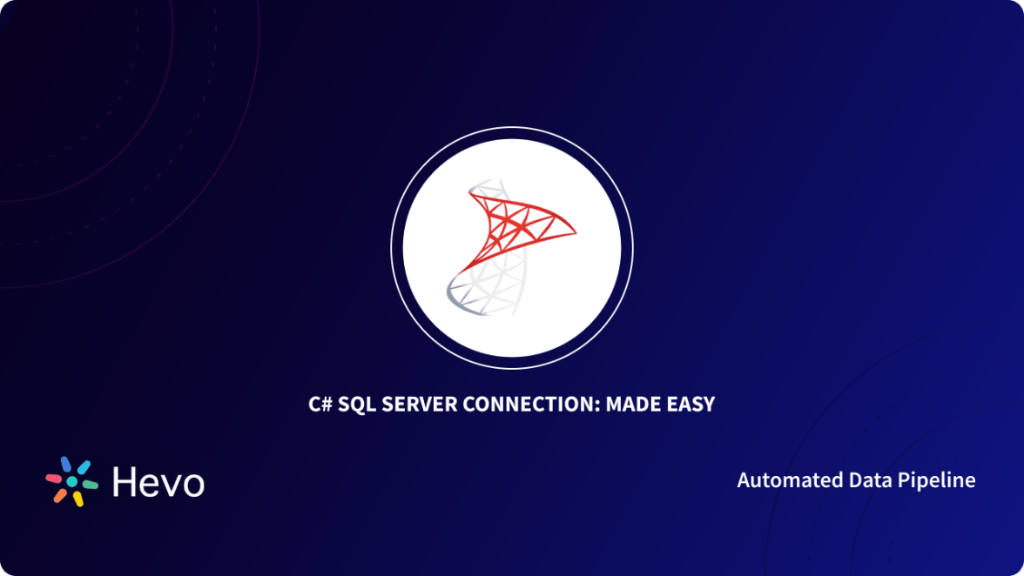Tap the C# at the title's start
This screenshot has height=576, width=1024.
tap(320, 405)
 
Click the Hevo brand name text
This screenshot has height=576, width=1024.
tap(158, 482)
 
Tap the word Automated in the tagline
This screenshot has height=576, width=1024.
tap(779, 480)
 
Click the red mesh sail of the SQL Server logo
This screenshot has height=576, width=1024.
tap(514, 222)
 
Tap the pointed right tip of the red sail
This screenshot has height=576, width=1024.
tap(574, 231)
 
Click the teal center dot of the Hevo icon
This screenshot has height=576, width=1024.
tap(73, 481)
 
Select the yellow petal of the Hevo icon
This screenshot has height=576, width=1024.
tap(77, 499)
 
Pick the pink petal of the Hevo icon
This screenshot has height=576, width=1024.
tap(54, 478)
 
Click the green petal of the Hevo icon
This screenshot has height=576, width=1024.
tap(91, 486)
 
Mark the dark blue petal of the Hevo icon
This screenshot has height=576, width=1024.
tap(64, 465)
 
